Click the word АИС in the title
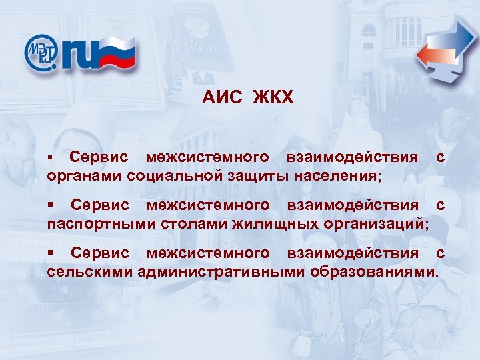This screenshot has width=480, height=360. click(221, 99)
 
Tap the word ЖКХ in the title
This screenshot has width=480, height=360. click(272, 99)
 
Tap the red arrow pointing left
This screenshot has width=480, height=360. click(433, 55)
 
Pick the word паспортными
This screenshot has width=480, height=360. click(101, 223)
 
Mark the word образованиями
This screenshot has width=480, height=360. click(374, 271)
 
